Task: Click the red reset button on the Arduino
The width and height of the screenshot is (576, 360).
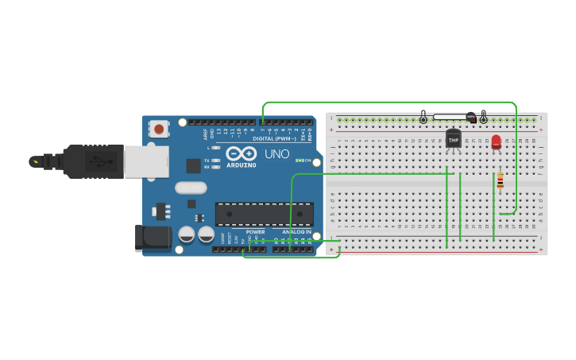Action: point(160,128)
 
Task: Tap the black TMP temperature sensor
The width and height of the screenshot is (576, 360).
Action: point(454,138)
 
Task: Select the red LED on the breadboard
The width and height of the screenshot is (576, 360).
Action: point(497,141)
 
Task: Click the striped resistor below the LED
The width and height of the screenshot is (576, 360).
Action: point(500,182)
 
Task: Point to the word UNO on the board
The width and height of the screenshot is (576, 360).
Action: point(276,153)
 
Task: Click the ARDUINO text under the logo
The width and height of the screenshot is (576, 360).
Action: point(241,165)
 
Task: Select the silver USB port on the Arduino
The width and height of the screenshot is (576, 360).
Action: point(146,162)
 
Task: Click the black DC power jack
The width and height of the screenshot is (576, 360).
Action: point(153,238)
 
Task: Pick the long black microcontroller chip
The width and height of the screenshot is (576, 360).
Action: point(264,214)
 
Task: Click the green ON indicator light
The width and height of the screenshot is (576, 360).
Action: point(299,161)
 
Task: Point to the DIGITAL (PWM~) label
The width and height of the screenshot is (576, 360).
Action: point(273,139)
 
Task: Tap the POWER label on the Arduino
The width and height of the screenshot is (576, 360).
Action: point(255,232)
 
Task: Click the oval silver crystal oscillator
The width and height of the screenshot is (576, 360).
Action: point(191,188)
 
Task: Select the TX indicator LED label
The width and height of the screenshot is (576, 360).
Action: point(207,160)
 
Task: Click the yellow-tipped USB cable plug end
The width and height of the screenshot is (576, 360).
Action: point(35,162)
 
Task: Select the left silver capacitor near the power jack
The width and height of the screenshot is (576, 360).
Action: point(187,234)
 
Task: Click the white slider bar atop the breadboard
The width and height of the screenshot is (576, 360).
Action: point(450,118)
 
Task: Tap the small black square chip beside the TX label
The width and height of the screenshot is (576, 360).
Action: point(193,165)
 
